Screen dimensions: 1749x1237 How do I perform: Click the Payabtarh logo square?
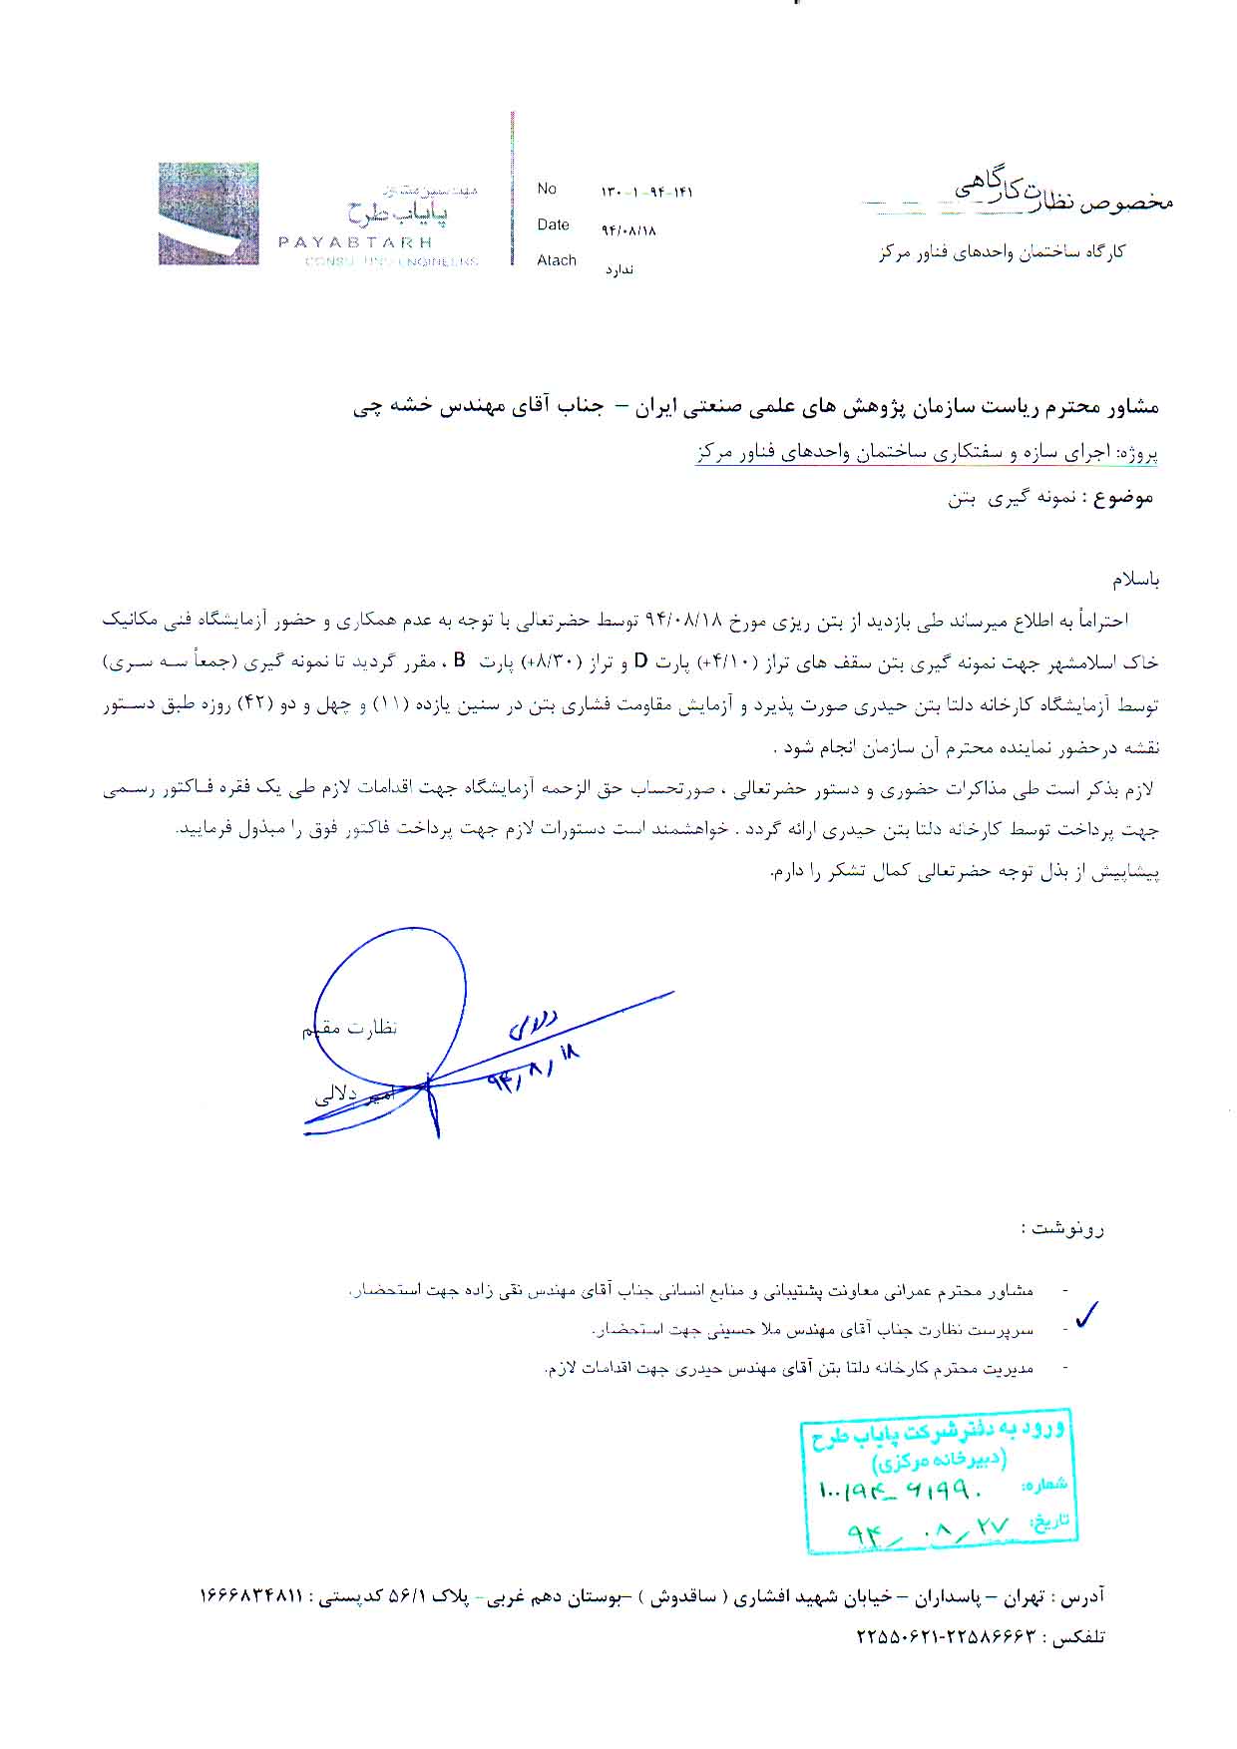pos(208,214)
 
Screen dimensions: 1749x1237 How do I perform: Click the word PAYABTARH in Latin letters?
pos(354,242)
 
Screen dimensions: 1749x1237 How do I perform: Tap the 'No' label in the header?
pos(547,189)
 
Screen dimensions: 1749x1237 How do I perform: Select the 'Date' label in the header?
pos(553,224)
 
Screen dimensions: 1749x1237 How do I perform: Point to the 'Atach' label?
pos(557,260)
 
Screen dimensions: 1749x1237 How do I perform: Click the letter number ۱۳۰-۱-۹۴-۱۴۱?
pos(646,193)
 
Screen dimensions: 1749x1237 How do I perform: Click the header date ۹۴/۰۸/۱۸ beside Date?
pos(628,230)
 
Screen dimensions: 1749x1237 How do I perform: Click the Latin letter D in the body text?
pos(642,660)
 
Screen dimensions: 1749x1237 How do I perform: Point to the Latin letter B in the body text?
pos(460,660)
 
